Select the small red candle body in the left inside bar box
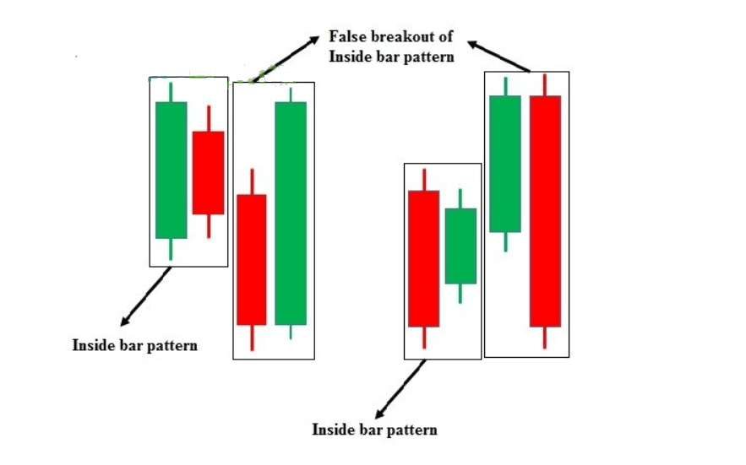point(209,173)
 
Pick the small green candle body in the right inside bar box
point(460,246)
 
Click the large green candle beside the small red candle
point(172,170)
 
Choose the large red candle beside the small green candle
point(424,258)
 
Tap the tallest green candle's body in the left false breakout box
point(291,213)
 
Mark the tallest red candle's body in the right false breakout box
point(545,211)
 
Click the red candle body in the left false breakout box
point(252,260)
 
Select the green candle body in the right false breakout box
point(505,164)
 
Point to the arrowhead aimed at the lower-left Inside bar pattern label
point(125,321)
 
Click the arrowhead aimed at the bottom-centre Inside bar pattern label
point(380,413)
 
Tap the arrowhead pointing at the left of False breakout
point(313,40)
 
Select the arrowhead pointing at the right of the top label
point(472,44)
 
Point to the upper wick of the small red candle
point(209,118)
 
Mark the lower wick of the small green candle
point(460,294)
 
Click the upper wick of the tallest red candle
point(545,84)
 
